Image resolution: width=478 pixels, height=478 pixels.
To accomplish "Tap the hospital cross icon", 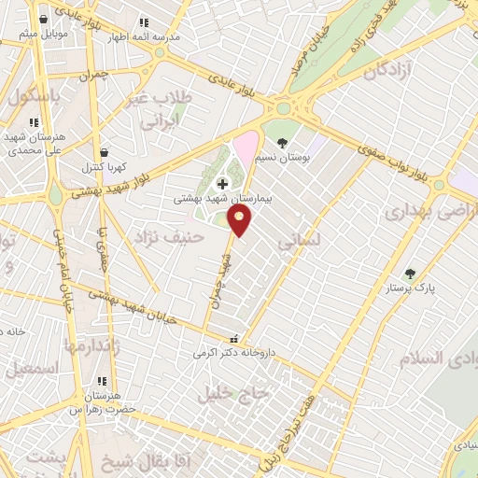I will (x=222, y=184).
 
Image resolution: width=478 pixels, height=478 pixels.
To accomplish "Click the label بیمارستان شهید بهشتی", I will (x=222, y=199).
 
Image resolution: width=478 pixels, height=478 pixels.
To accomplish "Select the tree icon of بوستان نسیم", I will (x=282, y=143).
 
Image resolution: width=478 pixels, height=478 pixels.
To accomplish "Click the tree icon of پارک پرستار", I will (x=410, y=274).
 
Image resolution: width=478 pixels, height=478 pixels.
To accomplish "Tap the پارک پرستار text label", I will (x=412, y=288).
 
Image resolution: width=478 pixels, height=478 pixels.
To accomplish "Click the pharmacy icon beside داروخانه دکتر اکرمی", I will (x=233, y=340).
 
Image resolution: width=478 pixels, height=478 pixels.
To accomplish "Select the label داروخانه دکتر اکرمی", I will (x=231, y=354).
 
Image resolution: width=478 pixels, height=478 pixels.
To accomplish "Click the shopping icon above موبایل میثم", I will (x=42, y=21).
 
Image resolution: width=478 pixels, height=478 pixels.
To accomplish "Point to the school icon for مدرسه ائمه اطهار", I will (x=144, y=21).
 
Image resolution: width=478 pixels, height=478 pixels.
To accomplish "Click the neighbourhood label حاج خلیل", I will (x=233, y=393).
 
